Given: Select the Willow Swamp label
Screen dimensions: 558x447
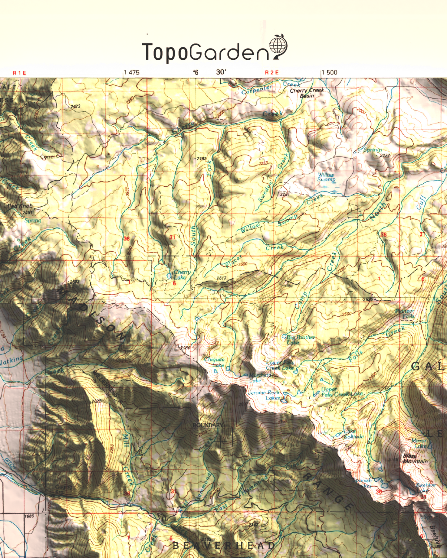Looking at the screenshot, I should (326, 177).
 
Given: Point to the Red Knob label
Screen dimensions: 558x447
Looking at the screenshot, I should (20, 206).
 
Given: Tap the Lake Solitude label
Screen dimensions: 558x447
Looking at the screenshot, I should (353, 434).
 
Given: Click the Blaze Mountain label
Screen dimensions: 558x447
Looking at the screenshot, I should (415, 459).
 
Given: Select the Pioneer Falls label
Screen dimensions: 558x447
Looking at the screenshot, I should (405, 314).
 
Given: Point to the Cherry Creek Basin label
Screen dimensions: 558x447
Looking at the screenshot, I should (307, 93).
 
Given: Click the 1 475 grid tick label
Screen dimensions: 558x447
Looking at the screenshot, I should (132, 73).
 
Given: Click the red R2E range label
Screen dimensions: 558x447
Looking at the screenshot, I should (272, 73).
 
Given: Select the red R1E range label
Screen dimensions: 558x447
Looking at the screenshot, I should (19, 73).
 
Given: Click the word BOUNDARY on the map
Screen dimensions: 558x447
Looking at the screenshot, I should (208, 425).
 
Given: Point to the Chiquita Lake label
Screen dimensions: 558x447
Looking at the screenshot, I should (216, 362).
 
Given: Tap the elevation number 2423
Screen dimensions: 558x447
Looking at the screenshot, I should (75, 106).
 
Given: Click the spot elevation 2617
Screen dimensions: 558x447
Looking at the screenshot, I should (221, 278).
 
